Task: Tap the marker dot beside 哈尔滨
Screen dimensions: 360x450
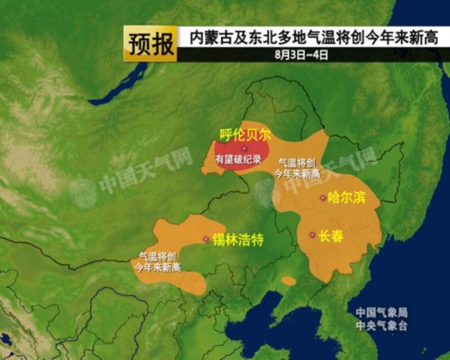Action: tap(322, 198)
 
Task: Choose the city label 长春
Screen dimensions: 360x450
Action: tap(331, 235)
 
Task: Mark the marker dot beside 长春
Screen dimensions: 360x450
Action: tap(312, 235)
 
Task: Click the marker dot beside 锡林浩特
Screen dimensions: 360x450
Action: tap(205, 239)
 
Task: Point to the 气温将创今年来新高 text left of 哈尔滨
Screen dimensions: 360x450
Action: tap(296, 169)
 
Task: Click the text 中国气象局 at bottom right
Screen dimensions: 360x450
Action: tap(381, 313)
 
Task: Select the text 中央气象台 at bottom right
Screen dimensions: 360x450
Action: tap(381, 326)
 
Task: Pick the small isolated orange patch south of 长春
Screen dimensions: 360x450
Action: tap(288, 281)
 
